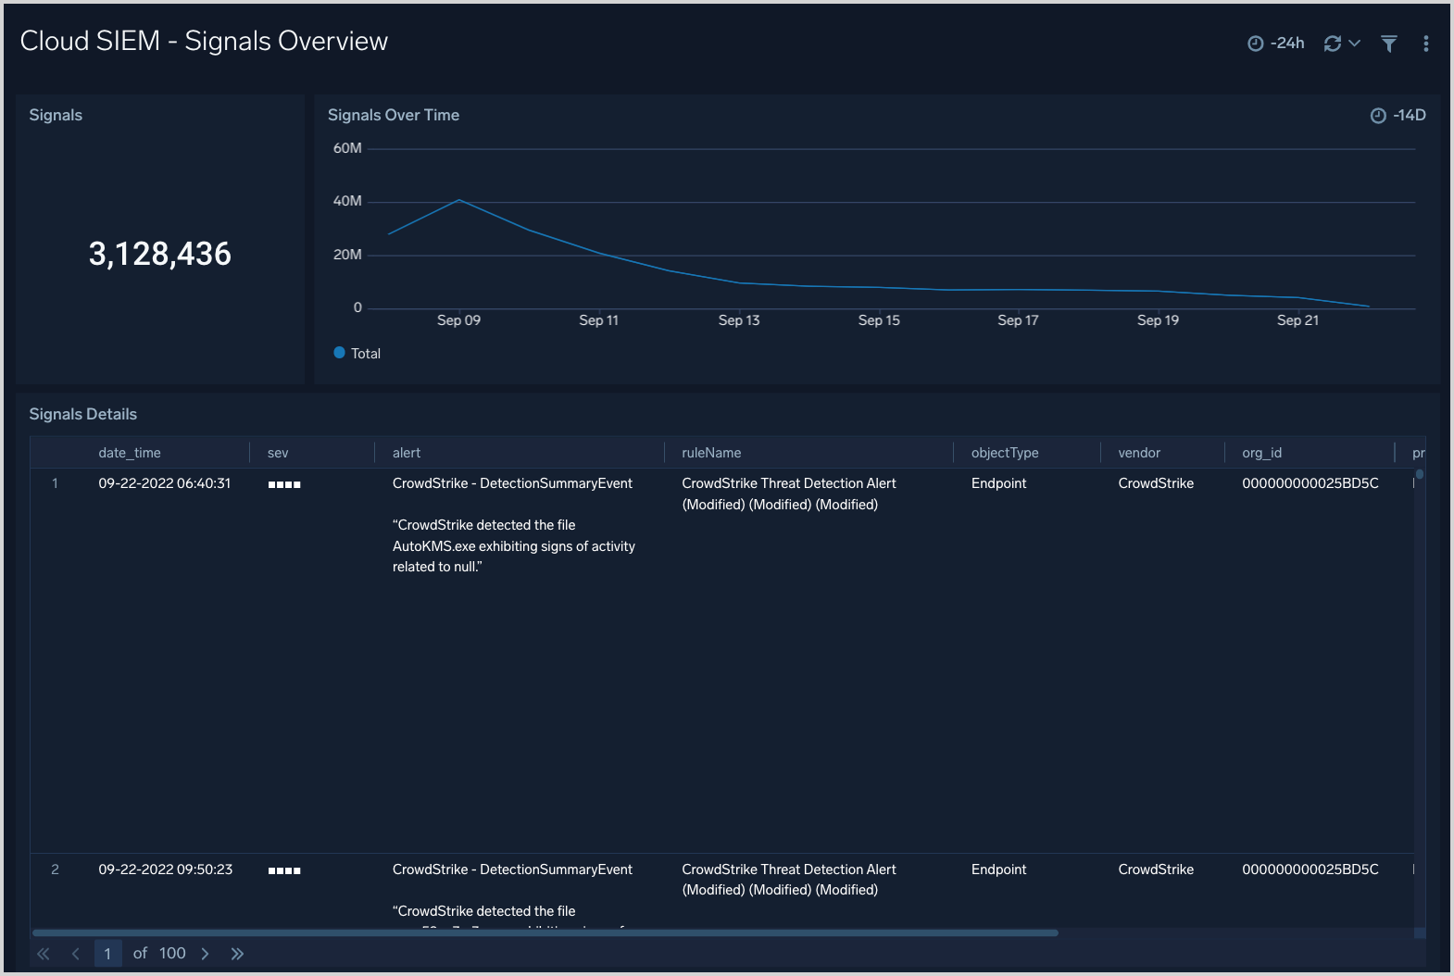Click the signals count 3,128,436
pyautogui.click(x=160, y=254)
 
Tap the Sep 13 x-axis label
pyautogui.click(x=739, y=320)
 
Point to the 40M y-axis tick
pyautogui.click(x=347, y=201)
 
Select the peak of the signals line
pyautogui.click(x=459, y=200)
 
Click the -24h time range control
pyautogui.click(x=1276, y=44)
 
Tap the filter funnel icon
pyautogui.click(x=1389, y=44)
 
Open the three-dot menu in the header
pyautogui.click(x=1425, y=44)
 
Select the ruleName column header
pyautogui.click(x=711, y=453)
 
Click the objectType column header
pyautogui.click(x=1005, y=453)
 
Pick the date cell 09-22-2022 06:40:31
pyautogui.click(x=165, y=483)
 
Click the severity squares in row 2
pyautogui.click(x=284, y=870)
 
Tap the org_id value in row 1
pyautogui.click(x=1310, y=483)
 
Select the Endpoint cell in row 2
pyautogui.click(x=998, y=870)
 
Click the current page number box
pyautogui.click(x=107, y=954)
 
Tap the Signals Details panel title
pyautogui.click(x=83, y=414)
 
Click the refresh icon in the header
pyautogui.click(x=1333, y=44)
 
